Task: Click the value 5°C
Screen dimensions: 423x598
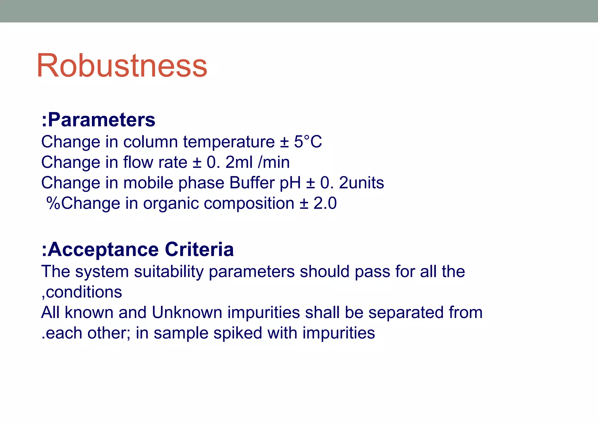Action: click(x=308, y=142)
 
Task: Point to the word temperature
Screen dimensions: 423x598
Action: click(x=229, y=142)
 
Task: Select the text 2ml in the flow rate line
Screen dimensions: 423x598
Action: click(x=239, y=162)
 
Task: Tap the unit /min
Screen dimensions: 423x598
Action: click(x=274, y=162)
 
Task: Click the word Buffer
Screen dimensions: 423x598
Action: click(x=252, y=183)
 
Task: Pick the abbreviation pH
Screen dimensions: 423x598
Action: click(x=290, y=183)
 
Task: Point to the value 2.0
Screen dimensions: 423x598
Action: click(x=325, y=203)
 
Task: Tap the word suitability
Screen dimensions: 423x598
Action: click(x=168, y=272)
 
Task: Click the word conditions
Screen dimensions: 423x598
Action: click(x=84, y=292)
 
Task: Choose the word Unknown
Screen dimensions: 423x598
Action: click(x=187, y=312)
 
